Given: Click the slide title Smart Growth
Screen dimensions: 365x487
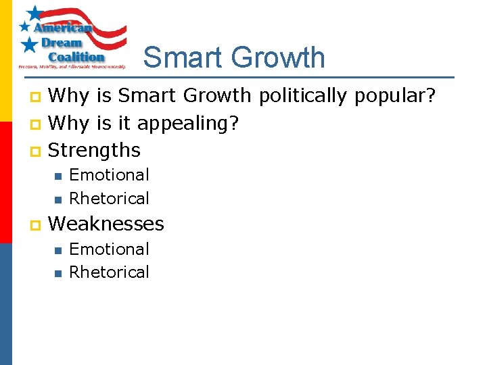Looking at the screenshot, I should click(234, 57).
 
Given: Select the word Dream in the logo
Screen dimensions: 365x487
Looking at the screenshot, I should click(62, 43).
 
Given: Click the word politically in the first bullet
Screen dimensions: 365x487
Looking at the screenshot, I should click(302, 96).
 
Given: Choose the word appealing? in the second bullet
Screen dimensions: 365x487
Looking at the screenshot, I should click(185, 123).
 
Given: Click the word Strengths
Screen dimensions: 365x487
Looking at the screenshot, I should click(95, 149).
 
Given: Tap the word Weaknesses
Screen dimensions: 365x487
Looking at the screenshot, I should click(106, 223).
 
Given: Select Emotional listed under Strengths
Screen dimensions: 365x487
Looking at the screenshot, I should click(109, 175).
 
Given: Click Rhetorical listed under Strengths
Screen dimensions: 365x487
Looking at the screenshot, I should click(109, 199).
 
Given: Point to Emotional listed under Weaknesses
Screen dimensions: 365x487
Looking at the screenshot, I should click(109, 249).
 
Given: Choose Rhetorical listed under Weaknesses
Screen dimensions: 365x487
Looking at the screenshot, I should click(109, 272).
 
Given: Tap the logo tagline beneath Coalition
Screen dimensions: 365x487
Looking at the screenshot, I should click(72, 67).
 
